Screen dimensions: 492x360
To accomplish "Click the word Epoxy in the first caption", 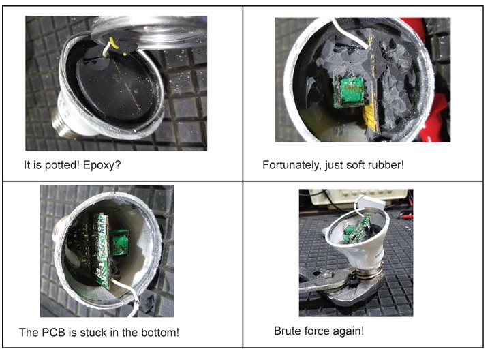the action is tap(99, 166).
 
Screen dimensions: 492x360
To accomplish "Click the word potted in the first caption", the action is tap(61, 166).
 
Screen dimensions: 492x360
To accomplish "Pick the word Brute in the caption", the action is tap(288, 331).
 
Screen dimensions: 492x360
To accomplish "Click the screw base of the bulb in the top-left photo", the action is tap(64, 123).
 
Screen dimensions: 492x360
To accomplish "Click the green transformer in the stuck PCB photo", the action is tap(119, 241).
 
